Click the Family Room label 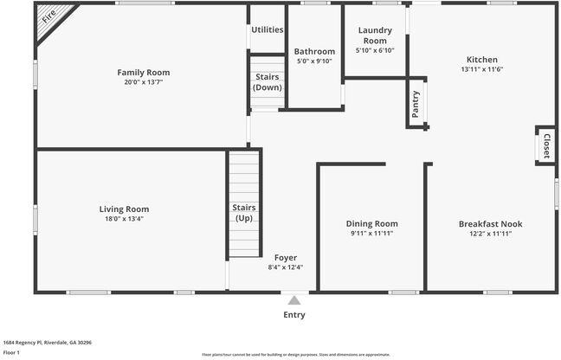pyautogui.click(x=144, y=72)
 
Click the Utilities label pyautogui.click(x=268, y=29)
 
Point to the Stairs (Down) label pyautogui.click(x=267, y=82)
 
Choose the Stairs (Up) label pyautogui.click(x=244, y=213)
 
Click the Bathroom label pyautogui.click(x=314, y=51)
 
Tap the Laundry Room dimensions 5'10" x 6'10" pyautogui.click(x=375, y=50)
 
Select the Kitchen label pyautogui.click(x=482, y=59)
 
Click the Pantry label pyautogui.click(x=416, y=103)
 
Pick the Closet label pyautogui.click(x=546, y=145)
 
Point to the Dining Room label pyautogui.click(x=372, y=223)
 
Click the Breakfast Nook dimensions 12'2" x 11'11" pyautogui.click(x=490, y=234)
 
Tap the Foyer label pyautogui.click(x=286, y=257)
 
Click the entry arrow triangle pyautogui.click(x=294, y=300)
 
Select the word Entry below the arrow pyautogui.click(x=294, y=315)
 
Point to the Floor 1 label pyautogui.click(x=11, y=352)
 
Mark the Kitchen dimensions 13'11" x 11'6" pyautogui.click(x=482, y=69)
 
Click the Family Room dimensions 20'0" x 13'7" pyautogui.click(x=144, y=82)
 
